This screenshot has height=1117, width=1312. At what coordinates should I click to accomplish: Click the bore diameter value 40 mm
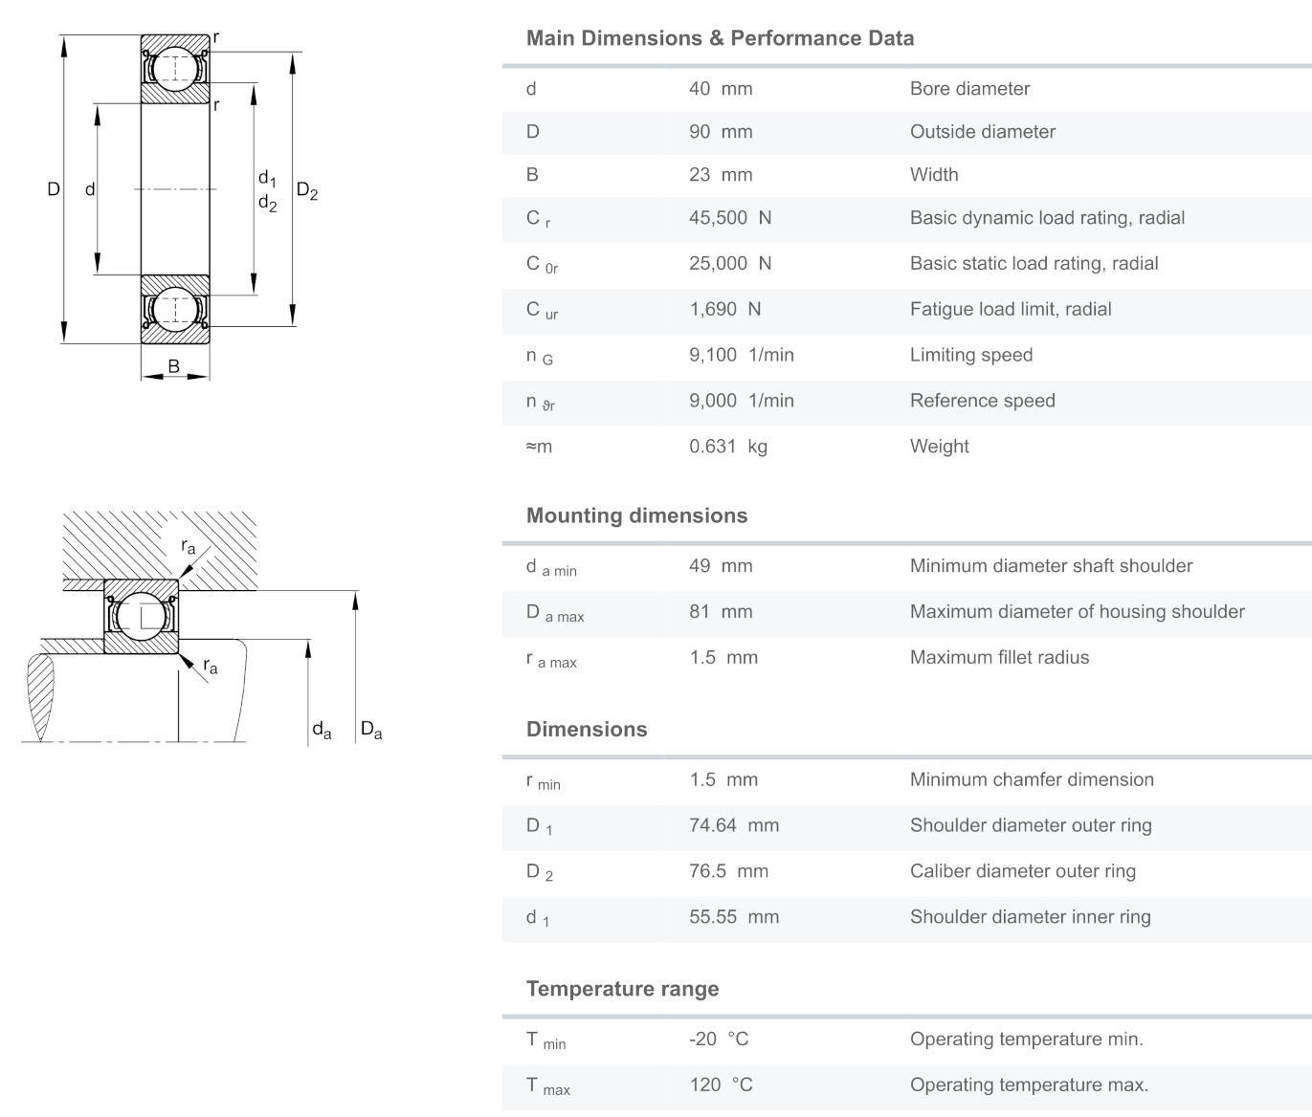tap(720, 89)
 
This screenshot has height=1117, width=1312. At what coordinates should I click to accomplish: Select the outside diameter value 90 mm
tap(720, 132)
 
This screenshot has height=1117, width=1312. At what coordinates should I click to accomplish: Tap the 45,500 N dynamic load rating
tap(729, 218)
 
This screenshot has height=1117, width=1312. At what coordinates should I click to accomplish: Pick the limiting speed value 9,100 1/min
tap(741, 356)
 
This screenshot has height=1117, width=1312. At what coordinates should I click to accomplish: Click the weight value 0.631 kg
tap(727, 447)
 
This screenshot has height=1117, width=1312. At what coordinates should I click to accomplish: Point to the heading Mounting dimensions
tap(636, 515)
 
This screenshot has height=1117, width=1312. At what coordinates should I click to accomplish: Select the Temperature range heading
tap(622, 989)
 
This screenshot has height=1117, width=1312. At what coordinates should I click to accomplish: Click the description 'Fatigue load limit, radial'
tap(1010, 310)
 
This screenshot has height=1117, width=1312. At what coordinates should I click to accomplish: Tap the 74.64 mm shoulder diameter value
tap(733, 825)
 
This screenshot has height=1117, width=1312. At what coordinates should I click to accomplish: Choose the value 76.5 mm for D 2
tap(728, 871)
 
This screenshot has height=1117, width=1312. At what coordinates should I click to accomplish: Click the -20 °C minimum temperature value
tap(718, 1040)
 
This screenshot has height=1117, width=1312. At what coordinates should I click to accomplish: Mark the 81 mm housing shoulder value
tap(720, 612)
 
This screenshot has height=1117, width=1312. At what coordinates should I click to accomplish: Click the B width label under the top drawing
tap(174, 366)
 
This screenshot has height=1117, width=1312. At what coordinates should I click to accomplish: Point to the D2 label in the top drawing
tap(306, 191)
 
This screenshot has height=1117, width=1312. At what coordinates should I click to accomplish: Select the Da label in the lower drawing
tap(371, 731)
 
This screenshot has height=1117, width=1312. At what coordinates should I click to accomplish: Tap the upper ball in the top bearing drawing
tap(175, 67)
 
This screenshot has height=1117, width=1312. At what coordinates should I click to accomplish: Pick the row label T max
tap(545, 1086)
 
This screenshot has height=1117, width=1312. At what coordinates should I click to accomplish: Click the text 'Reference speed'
tap(982, 402)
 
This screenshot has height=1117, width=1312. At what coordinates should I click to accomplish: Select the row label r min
tap(543, 781)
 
